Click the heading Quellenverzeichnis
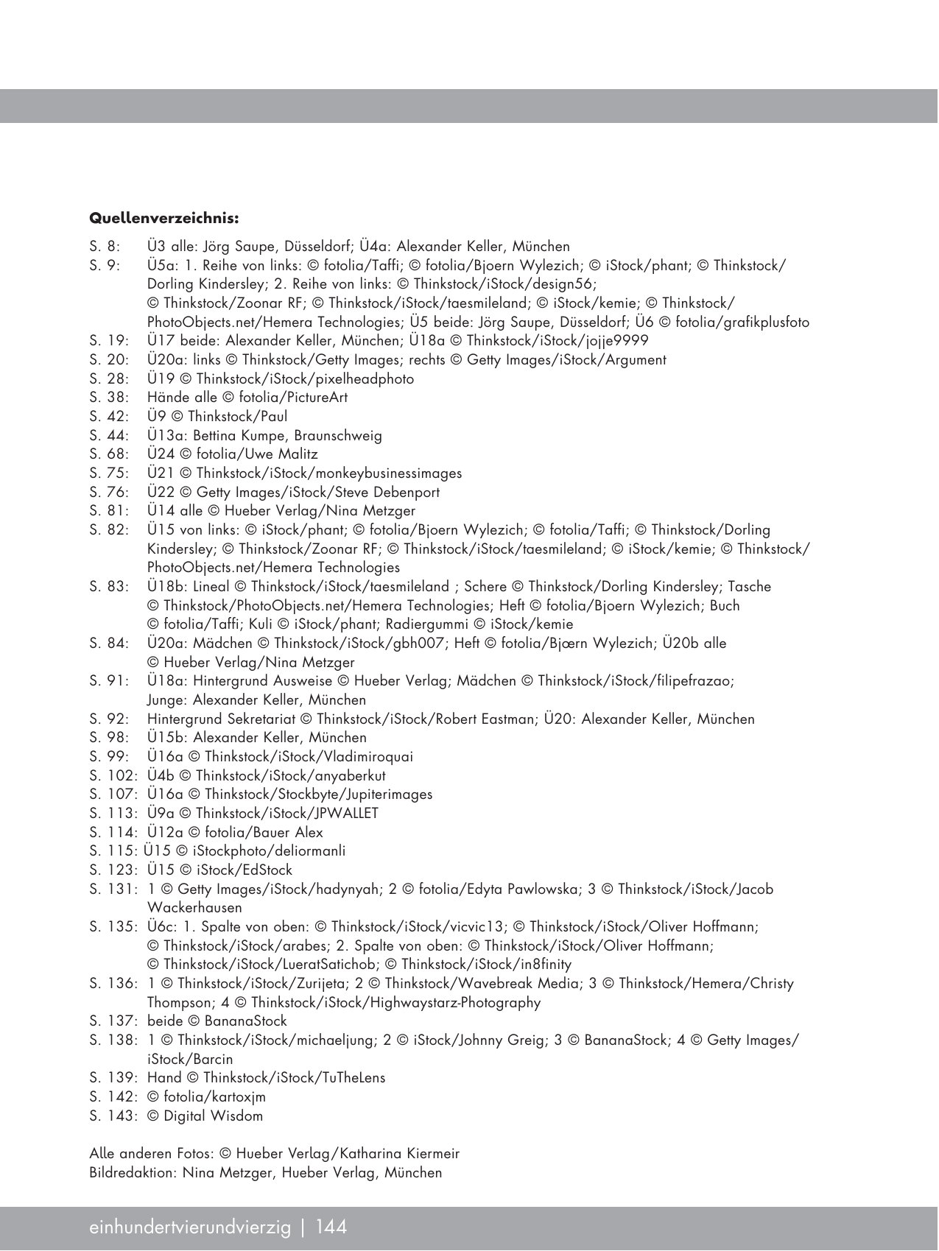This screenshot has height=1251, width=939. click(163, 219)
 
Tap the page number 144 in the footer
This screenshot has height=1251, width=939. click(331, 1227)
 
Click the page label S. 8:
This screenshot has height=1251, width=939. click(105, 247)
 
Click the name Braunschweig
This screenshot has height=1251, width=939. click(338, 436)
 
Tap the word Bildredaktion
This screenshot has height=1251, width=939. click(132, 1173)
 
